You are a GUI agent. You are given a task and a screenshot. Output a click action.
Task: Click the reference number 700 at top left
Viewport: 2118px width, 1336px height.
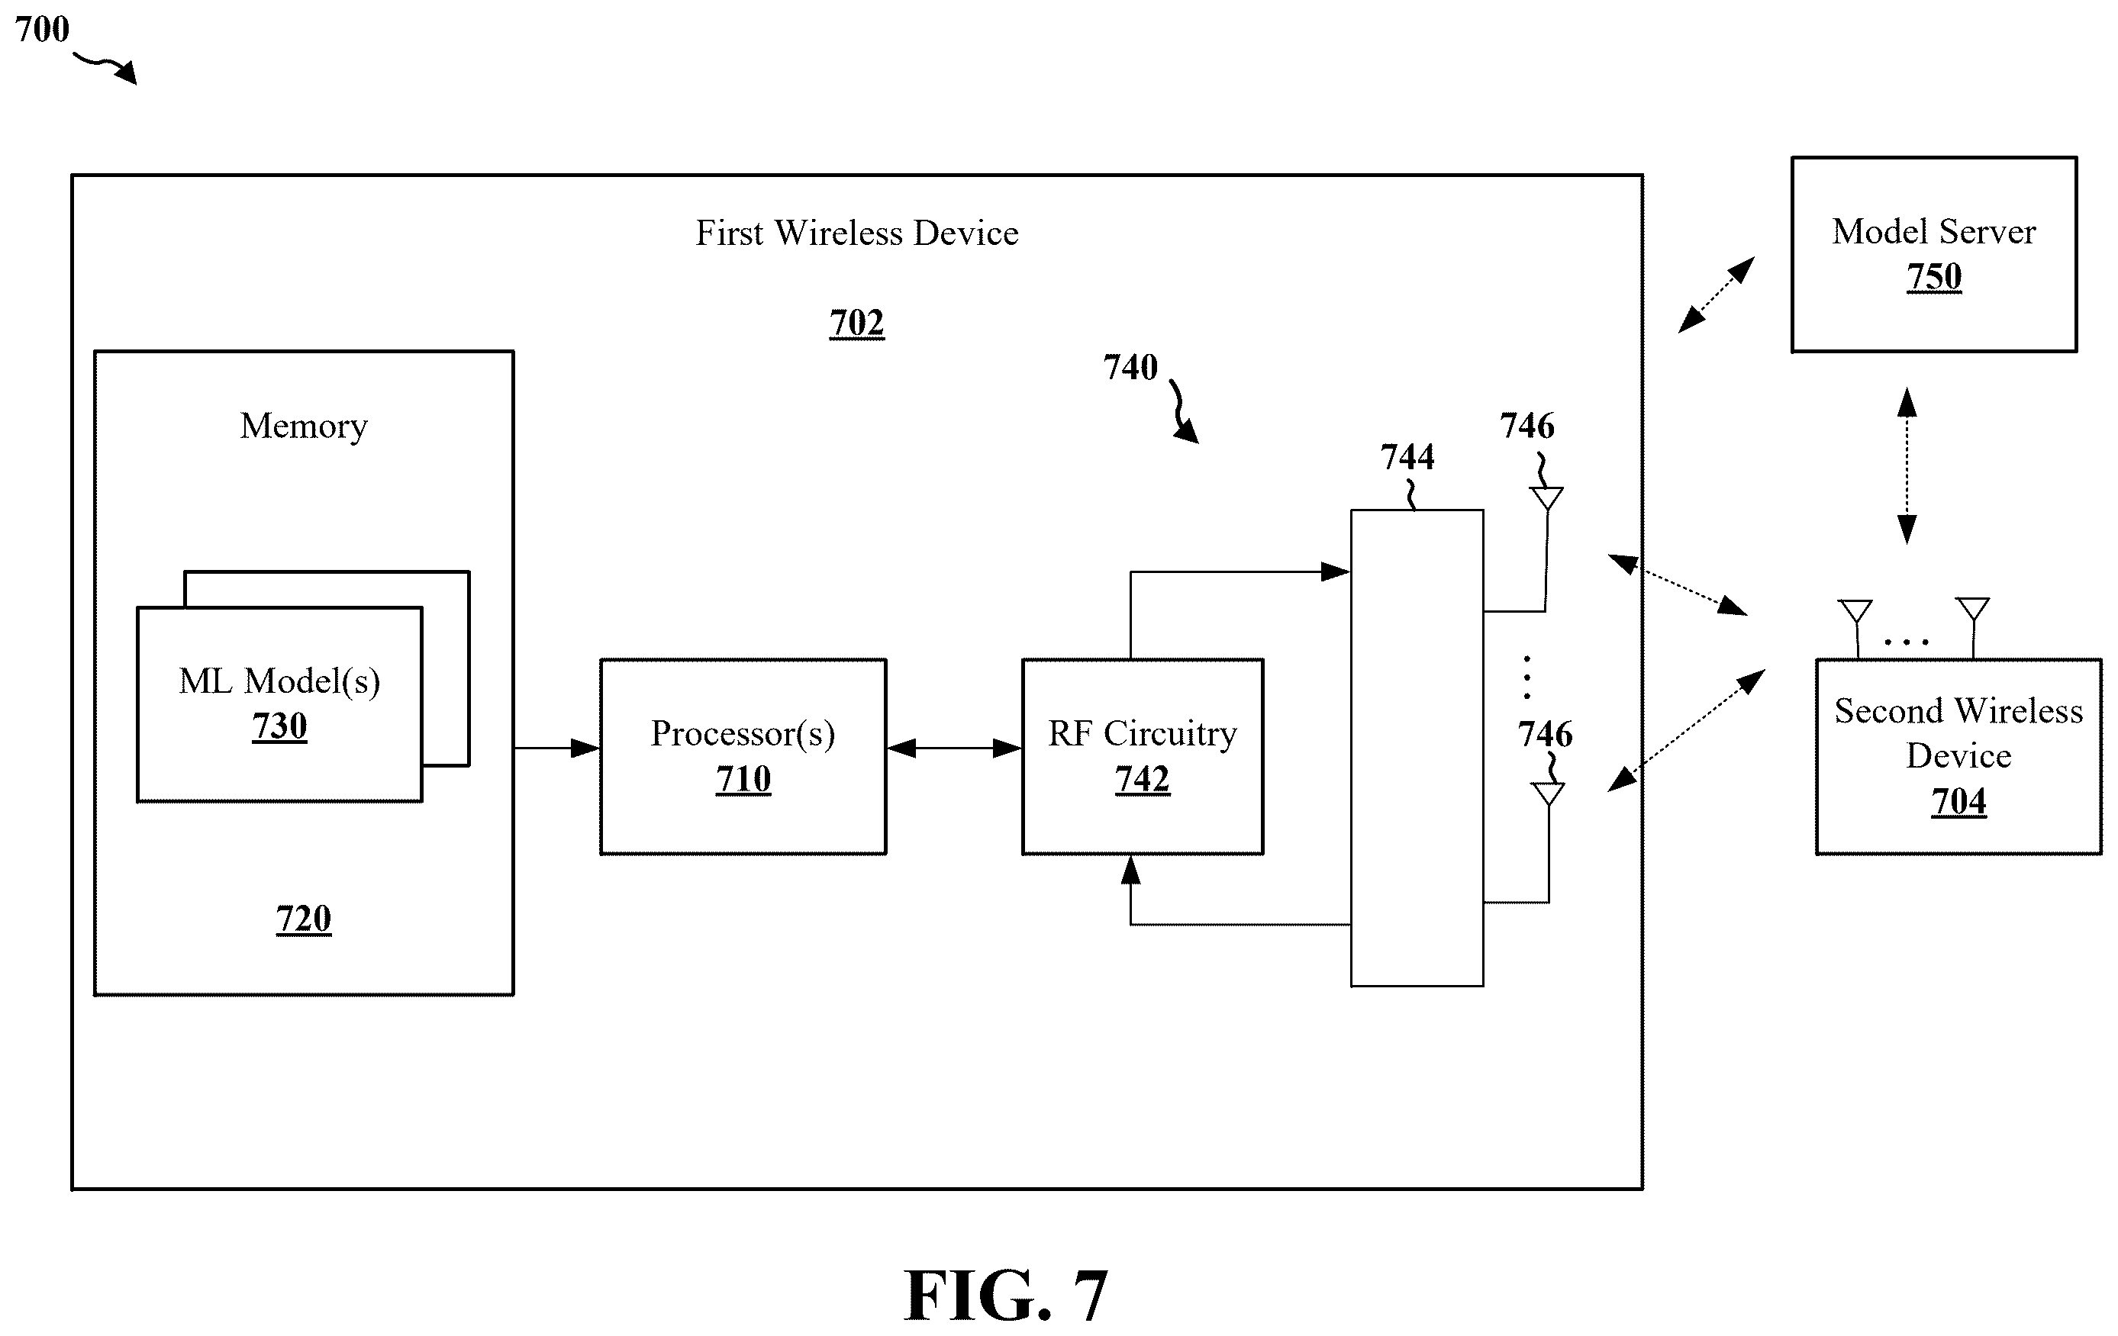(42, 29)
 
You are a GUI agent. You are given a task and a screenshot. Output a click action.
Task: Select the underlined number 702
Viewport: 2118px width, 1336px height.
(856, 323)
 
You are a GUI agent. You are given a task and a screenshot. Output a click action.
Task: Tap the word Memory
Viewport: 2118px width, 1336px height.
(304, 427)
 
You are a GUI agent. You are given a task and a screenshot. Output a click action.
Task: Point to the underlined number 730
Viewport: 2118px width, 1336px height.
(279, 726)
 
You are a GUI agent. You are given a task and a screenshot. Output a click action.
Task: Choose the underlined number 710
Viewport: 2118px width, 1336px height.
(743, 779)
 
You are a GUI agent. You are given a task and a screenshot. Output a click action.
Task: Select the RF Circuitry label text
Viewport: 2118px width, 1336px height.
(1143, 733)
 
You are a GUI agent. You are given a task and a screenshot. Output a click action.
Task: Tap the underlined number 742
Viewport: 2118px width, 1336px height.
(1143, 779)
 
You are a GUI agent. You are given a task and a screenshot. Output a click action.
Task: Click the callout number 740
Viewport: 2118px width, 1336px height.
(1130, 367)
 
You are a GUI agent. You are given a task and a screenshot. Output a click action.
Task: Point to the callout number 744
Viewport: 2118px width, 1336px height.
(1407, 456)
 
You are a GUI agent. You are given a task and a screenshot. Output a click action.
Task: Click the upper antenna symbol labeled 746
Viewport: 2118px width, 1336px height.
(1547, 499)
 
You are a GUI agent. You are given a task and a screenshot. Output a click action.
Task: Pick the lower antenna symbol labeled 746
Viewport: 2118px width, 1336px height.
(1548, 794)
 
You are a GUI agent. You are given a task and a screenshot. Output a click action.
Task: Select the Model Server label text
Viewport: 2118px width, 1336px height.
(1934, 232)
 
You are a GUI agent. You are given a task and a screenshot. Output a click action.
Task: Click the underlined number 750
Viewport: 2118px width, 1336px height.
(1934, 277)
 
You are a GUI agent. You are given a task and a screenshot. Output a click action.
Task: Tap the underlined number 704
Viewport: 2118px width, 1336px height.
(1958, 802)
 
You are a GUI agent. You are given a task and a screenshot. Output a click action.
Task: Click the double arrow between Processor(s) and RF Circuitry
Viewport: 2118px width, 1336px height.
(954, 748)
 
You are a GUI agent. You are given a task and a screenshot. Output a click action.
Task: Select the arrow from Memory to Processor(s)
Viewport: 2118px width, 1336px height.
(556, 748)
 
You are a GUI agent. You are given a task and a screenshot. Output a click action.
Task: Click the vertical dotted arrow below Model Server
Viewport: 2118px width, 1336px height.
(1907, 466)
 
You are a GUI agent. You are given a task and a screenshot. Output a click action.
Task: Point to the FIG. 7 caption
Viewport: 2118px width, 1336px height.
(1005, 1295)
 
